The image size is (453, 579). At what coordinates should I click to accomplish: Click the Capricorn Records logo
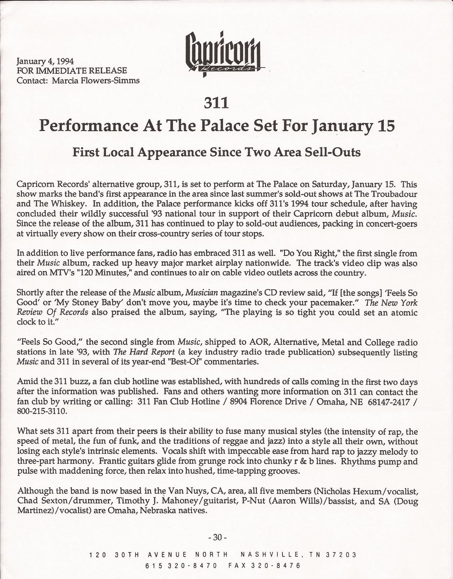(223, 54)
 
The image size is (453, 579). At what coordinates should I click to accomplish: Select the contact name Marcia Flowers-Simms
(96, 80)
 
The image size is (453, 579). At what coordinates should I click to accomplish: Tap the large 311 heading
(216, 103)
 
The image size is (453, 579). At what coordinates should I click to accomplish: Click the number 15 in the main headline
(384, 126)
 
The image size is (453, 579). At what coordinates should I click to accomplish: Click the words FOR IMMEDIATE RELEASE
(72, 71)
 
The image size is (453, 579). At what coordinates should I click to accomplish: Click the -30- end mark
(217, 537)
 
